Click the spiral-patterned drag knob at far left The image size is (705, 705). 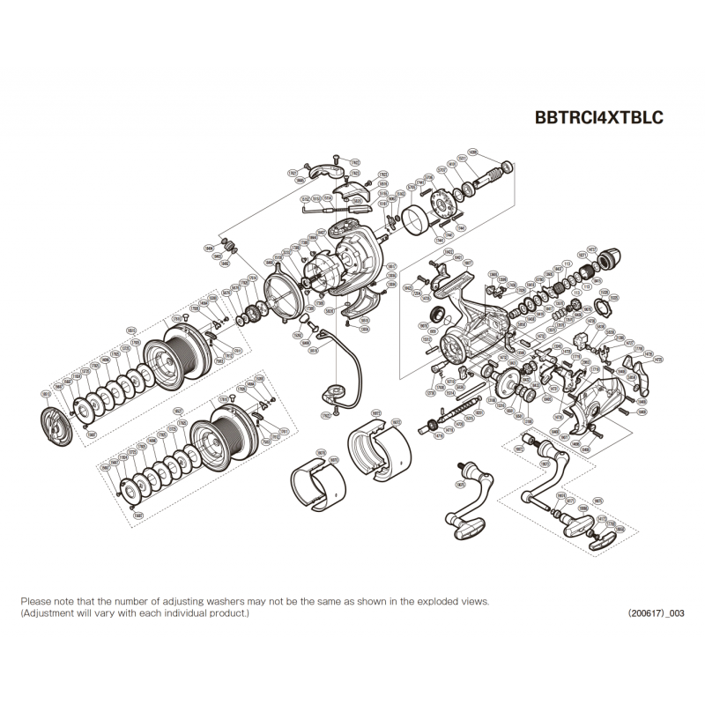(58, 422)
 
